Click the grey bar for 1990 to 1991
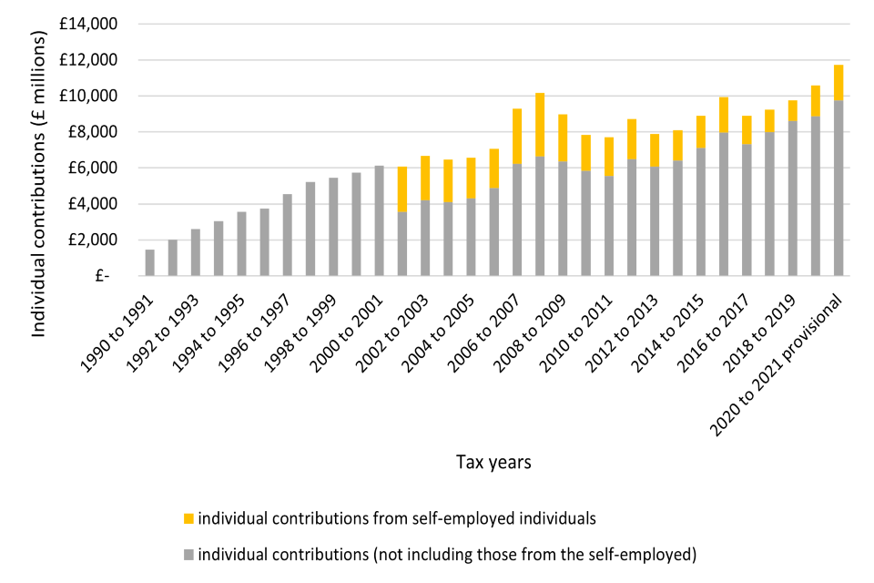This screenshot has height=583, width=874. (x=150, y=262)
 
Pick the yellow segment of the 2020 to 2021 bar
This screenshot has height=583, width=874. (x=838, y=82)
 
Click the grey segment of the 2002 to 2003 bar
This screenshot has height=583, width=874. (x=425, y=237)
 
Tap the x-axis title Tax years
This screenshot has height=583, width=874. (x=493, y=462)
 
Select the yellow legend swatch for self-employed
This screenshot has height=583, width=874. (x=188, y=519)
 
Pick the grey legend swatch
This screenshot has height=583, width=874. (x=188, y=553)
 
